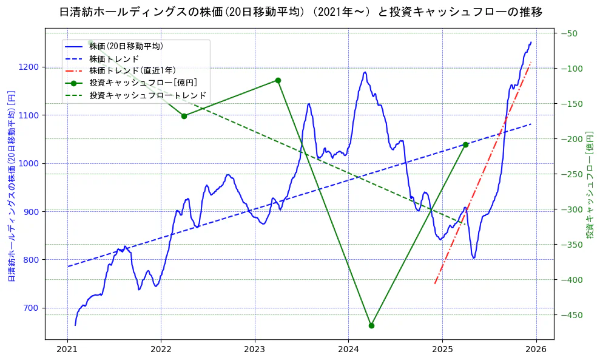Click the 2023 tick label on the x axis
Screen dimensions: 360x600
[x=255, y=350]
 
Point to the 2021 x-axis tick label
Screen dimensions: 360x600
[x=67, y=350]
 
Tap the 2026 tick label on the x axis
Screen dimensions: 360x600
[x=536, y=350]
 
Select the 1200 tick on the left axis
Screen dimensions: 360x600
[x=30, y=67]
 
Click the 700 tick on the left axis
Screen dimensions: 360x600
[x=32, y=308]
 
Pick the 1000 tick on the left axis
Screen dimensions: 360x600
[x=30, y=163]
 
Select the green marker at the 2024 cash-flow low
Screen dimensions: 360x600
[x=371, y=325]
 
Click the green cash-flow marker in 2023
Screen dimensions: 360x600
[x=278, y=80]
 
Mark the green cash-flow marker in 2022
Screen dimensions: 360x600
[x=184, y=115]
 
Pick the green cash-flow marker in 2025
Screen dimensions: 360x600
[x=465, y=144]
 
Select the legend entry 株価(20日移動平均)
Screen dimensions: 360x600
[x=126, y=46]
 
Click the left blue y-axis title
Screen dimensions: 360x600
[x=12, y=183]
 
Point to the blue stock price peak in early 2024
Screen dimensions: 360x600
[x=365, y=72]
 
